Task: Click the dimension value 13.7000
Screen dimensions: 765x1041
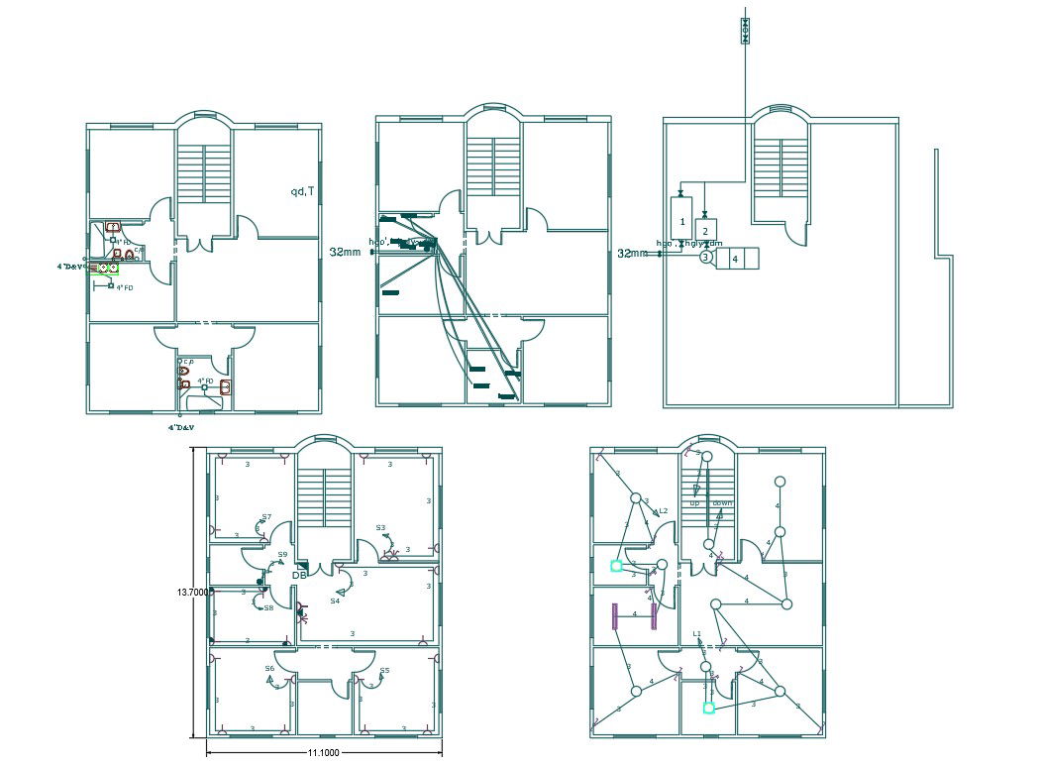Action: click(x=191, y=593)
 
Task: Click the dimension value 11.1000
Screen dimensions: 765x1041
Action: click(x=324, y=753)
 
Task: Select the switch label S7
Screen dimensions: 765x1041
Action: click(x=266, y=517)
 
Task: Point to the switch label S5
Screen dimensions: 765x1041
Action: click(x=385, y=670)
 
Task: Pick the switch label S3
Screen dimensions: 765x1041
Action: click(x=380, y=527)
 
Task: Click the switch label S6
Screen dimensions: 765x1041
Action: click(x=269, y=668)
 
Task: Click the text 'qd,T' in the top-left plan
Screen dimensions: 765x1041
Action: click(x=302, y=190)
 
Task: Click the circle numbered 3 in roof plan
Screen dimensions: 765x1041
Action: click(x=705, y=258)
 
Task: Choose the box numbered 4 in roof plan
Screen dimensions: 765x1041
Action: click(x=735, y=259)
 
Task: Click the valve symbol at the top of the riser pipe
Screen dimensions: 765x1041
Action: click(x=746, y=32)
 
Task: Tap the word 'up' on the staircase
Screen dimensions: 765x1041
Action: click(x=694, y=503)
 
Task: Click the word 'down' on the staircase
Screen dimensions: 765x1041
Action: click(x=722, y=503)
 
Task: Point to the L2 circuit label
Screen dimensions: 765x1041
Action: click(x=663, y=511)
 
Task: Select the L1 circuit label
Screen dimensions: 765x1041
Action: click(x=697, y=634)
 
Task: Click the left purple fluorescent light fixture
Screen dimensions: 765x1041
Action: click(x=615, y=616)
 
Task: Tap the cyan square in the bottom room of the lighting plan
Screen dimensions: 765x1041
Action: click(x=708, y=708)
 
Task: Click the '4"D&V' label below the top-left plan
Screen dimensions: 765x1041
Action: click(x=180, y=427)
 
